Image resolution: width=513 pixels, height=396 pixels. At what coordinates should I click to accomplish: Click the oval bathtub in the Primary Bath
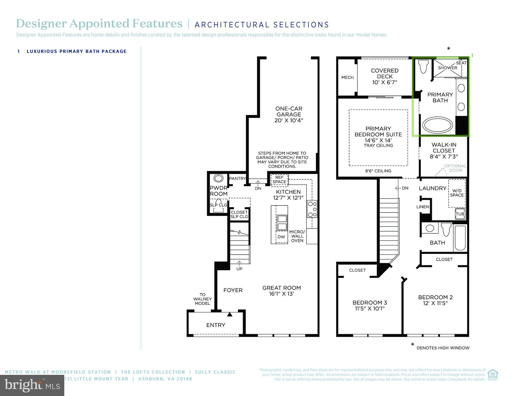pos(437,125)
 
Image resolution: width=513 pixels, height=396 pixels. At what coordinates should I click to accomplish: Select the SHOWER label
pos(447,68)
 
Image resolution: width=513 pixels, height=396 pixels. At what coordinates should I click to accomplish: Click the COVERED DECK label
pos(384,74)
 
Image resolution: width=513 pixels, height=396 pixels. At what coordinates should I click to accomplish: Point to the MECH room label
pos(347,77)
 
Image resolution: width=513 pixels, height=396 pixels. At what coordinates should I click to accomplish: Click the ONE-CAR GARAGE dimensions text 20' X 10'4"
pos(288,120)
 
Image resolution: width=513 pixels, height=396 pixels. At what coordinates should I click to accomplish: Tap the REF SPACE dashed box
pos(279,180)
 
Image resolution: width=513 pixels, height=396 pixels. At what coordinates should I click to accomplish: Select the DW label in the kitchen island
pos(281,237)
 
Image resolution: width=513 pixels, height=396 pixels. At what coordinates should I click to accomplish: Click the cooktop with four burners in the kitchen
pos(312,209)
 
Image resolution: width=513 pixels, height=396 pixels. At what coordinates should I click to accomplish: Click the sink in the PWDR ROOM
pos(218,178)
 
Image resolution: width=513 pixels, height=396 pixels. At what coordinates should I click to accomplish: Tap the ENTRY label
pos(216,325)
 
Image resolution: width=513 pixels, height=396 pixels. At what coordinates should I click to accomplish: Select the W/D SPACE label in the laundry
pos(457,193)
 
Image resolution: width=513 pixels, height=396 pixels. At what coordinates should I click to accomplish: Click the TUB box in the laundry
pos(460,214)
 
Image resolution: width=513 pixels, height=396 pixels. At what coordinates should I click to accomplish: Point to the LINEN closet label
pos(423,207)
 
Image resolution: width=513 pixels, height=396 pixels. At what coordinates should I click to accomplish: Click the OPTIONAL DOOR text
pos(455,168)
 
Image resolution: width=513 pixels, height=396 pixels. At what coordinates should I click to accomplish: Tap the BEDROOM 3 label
pos(369,303)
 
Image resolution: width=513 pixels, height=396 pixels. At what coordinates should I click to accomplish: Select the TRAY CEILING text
pos(378,146)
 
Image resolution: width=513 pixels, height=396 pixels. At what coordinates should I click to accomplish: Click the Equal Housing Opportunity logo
pos(493,375)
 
